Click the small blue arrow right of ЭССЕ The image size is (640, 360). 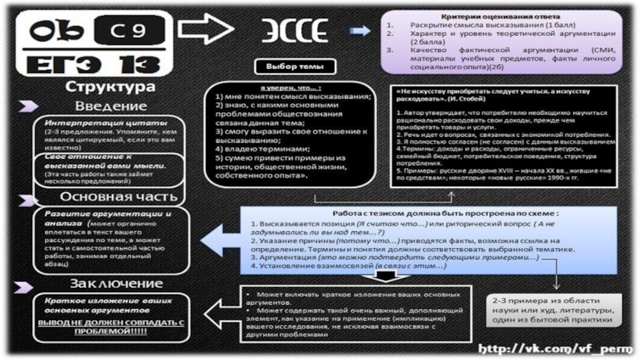[361, 30]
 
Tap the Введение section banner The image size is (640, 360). [111, 106]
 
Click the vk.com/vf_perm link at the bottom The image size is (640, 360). [551, 349]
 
